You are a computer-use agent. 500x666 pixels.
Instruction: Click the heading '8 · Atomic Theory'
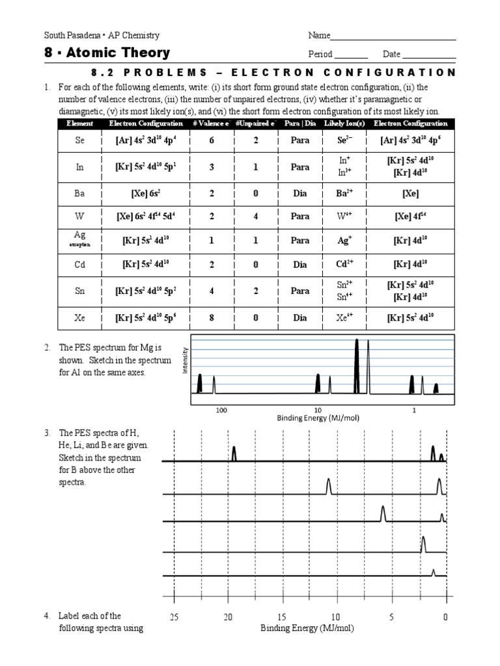[107, 53]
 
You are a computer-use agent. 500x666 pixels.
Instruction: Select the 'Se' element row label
[80, 140]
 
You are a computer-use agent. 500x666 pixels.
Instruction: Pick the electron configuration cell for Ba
[146, 194]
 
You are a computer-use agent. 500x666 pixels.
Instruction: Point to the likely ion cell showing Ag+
[345, 241]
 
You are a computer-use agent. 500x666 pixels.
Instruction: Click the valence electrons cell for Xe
[212, 318]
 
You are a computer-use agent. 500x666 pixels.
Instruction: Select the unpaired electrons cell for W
[256, 217]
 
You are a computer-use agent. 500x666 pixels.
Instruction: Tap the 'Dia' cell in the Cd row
[299, 264]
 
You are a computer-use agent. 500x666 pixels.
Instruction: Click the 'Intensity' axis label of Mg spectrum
[186, 360]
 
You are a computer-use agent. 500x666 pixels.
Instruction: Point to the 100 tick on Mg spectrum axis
[221, 410]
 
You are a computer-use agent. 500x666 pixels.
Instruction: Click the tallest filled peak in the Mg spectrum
[356, 367]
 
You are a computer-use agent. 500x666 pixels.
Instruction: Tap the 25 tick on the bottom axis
[174, 617]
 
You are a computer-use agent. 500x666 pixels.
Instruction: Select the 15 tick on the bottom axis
[281, 617]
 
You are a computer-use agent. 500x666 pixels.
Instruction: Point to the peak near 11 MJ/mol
[328, 486]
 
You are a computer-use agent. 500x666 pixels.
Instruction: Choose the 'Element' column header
[80, 124]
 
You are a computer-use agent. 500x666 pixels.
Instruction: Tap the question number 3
[47, 433]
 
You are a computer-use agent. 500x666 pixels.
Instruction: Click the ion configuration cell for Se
[409, 140]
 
